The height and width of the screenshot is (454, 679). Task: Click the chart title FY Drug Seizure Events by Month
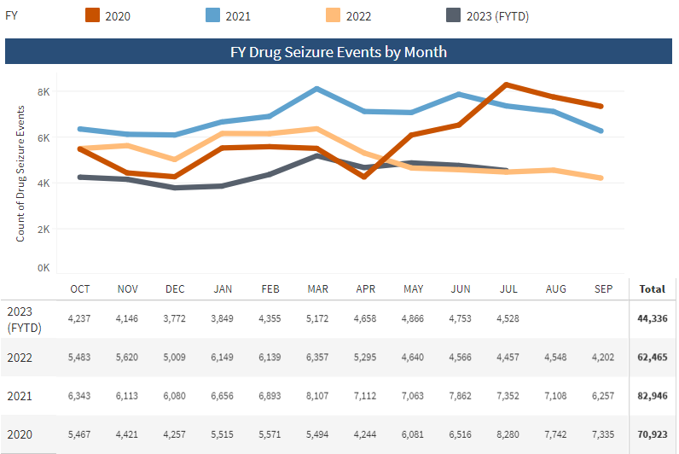coord(339,52)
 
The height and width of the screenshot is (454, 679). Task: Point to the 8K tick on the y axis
coord(43,91)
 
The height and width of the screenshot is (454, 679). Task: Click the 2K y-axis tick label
coord(43,229)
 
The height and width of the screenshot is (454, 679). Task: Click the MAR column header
coord(317,289)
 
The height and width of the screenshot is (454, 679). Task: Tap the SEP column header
coord(603,289)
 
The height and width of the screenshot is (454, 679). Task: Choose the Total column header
coord(652,289)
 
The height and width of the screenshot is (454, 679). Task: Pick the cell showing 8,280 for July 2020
coord(508,434)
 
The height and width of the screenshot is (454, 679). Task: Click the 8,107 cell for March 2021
coord(317,396)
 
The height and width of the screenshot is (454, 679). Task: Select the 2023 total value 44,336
coord(652,318)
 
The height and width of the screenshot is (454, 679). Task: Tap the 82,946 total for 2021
coord(652,396)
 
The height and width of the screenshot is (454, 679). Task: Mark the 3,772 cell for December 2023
coord(175,318)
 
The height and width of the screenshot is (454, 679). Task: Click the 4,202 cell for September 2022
coord(603,357)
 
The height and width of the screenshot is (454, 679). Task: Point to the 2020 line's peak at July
coord(507,84)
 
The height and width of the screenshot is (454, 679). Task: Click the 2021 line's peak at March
coord(316,89)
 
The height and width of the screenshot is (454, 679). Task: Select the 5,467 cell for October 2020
coord(80,434)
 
